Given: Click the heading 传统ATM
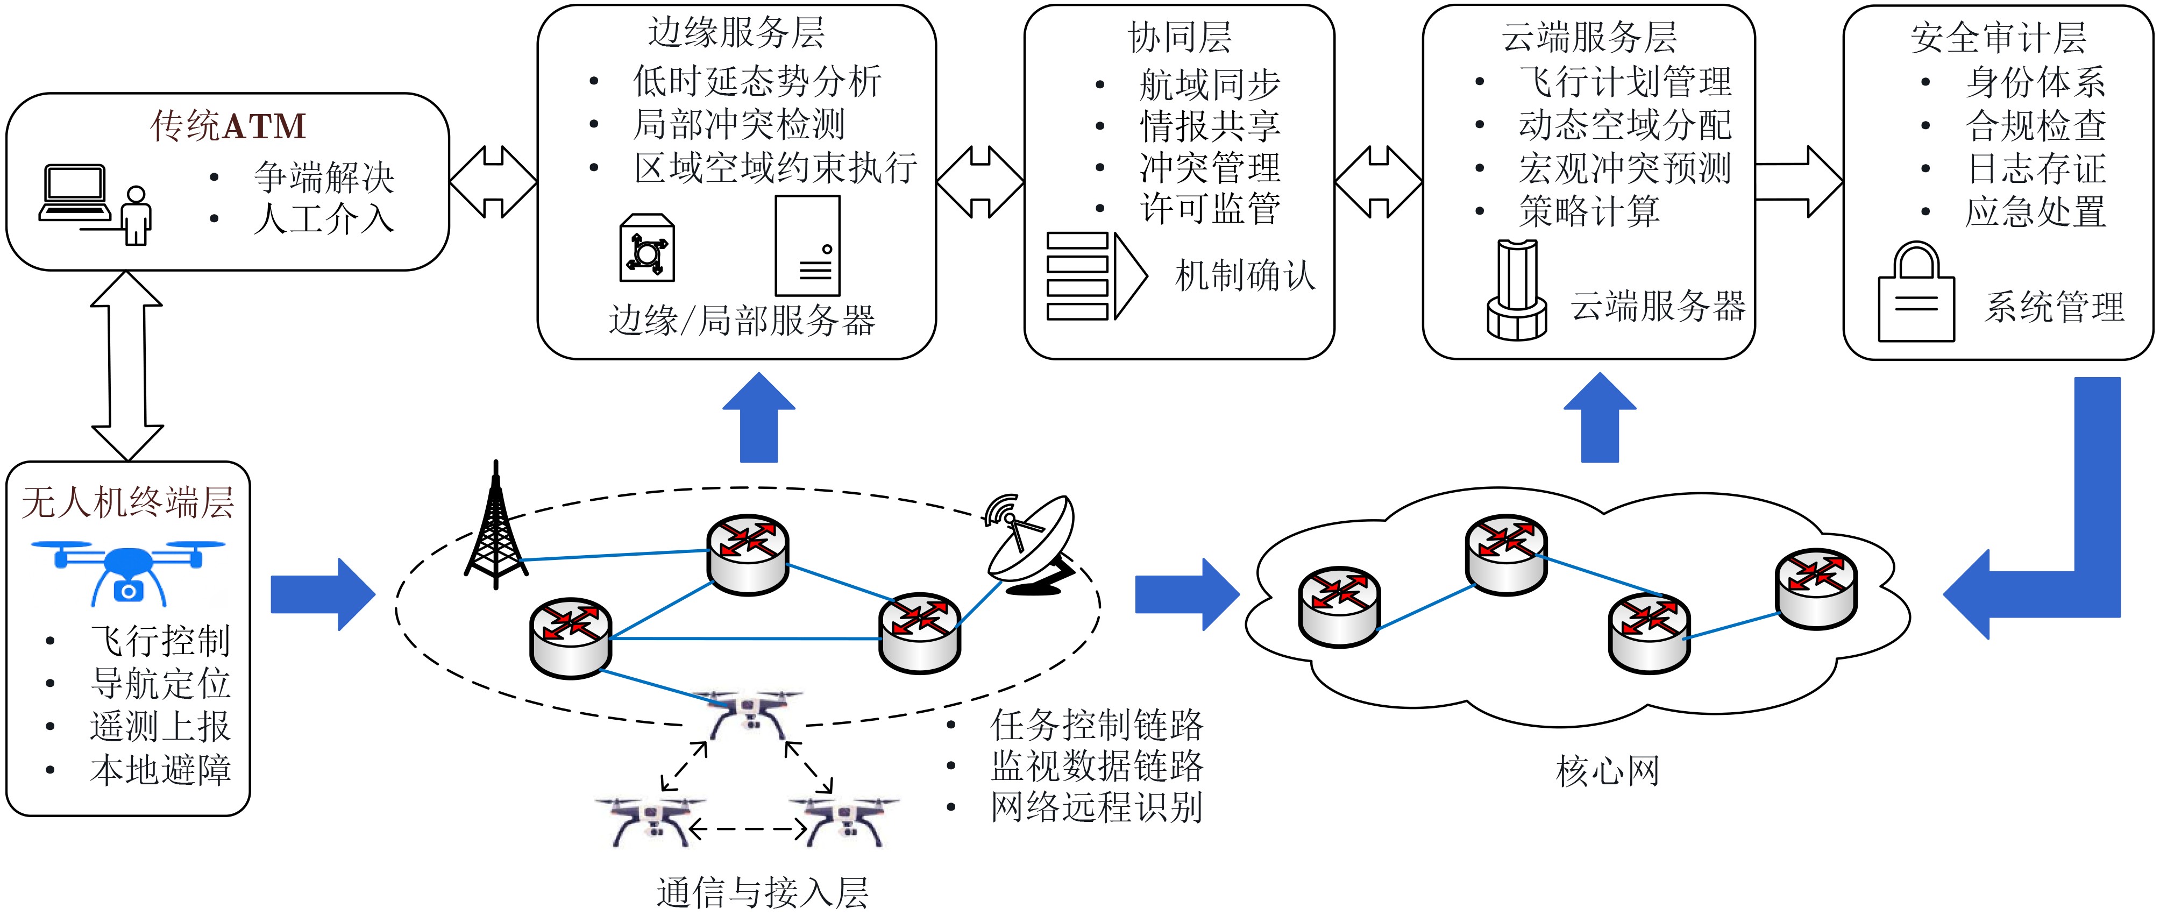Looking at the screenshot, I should (x=228, y=126).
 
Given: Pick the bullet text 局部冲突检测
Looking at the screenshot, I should (x=738, y=124).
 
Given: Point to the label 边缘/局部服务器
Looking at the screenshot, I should (x=742, y=321).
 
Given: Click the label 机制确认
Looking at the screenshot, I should (x=1245, y=275).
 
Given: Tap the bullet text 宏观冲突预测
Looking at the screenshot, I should (x=1624, y=168).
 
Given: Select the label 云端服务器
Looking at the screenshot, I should (x=1658, y=306).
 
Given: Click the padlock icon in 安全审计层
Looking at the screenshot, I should (x=1916, y=294).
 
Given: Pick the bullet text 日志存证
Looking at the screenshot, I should (x=2036, y=168).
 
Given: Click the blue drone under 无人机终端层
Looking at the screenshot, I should (x=129, y=570).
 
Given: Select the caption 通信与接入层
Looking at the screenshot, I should (x=762, y=892).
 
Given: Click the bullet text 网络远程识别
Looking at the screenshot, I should (x=1097, y=807).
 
